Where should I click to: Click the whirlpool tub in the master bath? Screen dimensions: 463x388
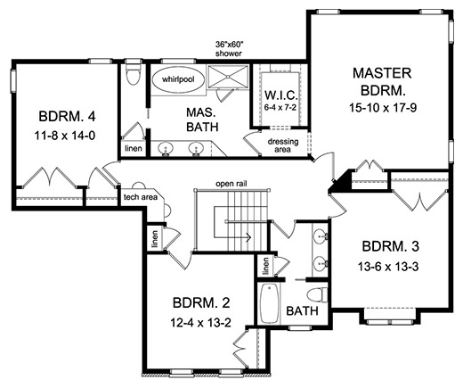[x=178, y=79]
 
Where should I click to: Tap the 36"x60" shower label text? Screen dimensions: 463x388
[x=229, y=49]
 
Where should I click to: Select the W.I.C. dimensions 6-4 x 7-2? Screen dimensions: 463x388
[x=280, y=107]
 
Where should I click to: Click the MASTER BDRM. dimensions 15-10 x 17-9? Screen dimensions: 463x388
[x=383, y=108]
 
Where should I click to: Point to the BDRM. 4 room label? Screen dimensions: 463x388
[x=67, y=117]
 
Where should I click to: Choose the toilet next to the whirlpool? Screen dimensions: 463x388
[x=133, y=75]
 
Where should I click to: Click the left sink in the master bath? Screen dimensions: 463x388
[x=166, y=149]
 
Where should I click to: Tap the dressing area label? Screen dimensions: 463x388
[x=283, y=145]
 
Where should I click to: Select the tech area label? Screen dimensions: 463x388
[x=141, y=197]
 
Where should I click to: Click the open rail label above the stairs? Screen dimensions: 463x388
[x=231, y=184]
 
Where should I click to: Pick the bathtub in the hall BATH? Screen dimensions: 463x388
[x=270, y=303]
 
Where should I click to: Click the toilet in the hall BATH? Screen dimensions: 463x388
[x=317, y=295]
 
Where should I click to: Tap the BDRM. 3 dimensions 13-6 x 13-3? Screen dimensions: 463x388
[x=388, y=267]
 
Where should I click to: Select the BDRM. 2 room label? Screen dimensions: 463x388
[x=201, y=303]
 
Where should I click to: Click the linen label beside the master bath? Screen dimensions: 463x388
[x=134, y=148]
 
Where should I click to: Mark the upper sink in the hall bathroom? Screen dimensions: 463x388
[x=320, y=236]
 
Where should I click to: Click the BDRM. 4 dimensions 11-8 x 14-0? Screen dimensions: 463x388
[x=65, y=136]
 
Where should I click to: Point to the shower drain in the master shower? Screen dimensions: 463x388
[x=228, y=77]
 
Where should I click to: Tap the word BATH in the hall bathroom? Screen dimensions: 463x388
[x=302, y=311]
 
